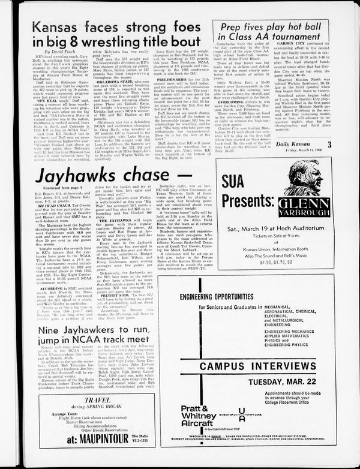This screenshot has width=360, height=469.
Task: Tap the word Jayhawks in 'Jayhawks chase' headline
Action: coord(77,176)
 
